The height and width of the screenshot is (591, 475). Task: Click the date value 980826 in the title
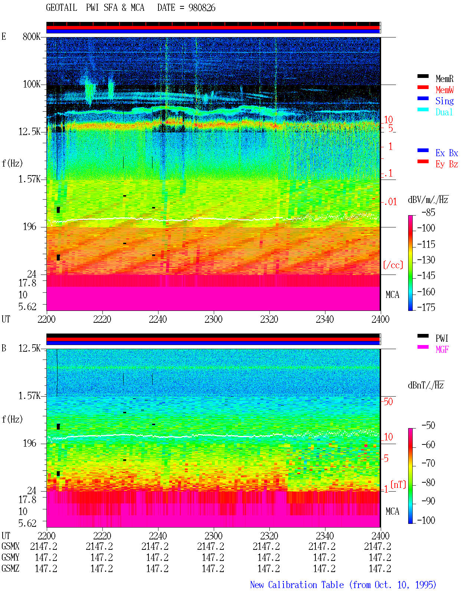pyautogui.click(x=202, y=8)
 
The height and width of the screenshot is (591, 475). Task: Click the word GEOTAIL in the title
pyautogui.click(x=62, y=8)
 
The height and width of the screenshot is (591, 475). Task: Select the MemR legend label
pyautogui.click(x=445, y=79)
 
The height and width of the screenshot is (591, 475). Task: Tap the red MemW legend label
pyautogui.click(x=445, y=90)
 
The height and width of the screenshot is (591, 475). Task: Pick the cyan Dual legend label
pyautogui.click(x=444, y=112)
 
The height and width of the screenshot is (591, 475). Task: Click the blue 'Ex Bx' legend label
pyautogui.click(x=447, y=153)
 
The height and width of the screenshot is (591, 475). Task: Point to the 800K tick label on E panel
pyautogui.click(x=32, y=36)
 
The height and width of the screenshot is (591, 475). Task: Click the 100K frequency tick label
pyautogui.click(x=32, y=84)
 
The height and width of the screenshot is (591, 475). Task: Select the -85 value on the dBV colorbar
pyautogui.click(x=428, y=213)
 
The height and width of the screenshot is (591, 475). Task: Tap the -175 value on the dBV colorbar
pyautogui.click(x=426, y=307)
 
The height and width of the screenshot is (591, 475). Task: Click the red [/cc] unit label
pyautogui.click(x=393, y=265)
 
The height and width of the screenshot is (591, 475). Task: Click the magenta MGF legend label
pyautogui.click(x=442, y=349)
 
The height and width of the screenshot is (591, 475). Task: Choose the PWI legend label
pyautogui.click(x=442, y=338)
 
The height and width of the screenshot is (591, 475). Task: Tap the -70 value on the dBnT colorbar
pyautogui.click(x=428, y=463)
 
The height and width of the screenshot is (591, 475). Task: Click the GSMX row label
pyautogui.click(x=10, y=546)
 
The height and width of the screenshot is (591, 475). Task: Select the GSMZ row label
pyautogui.click(x=10, y=568)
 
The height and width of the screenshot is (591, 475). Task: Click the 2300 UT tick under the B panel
pyautogui.click(x=213, y=536)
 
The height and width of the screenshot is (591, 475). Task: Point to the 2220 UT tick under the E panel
pyautogui.click(x=102, y=319)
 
